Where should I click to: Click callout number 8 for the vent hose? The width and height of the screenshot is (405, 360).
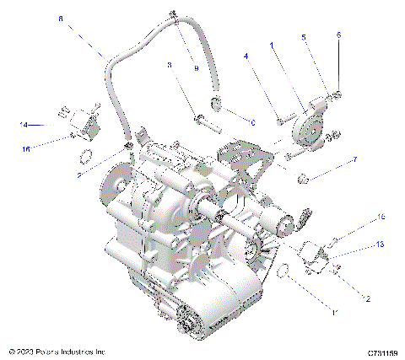[60, 17]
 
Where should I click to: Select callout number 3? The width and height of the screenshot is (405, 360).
[169, 64]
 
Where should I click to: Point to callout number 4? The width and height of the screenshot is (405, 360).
[246, 56]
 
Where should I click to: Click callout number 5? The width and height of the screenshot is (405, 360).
[305, 38]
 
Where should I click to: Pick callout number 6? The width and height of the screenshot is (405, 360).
[338, 35]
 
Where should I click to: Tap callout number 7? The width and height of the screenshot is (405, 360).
[354, 159]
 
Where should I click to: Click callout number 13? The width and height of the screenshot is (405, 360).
[380, 244]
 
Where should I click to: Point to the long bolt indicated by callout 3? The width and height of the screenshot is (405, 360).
[209, 118]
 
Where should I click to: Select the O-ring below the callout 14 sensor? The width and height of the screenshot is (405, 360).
[85, 156]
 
